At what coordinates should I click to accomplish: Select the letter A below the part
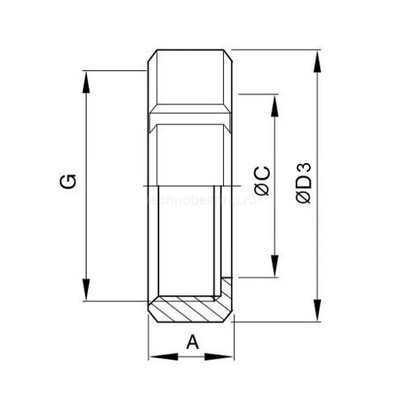[x=192, y=342]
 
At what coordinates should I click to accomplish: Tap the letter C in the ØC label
[x=262, y=173]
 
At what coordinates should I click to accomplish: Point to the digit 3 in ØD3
[x=304, y=169]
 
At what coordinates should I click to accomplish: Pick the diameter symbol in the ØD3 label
[x=304, y=195]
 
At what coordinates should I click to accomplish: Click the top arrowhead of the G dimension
[x=86, y=81]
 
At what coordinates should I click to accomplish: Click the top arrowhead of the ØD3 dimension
[x=316, y=60]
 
